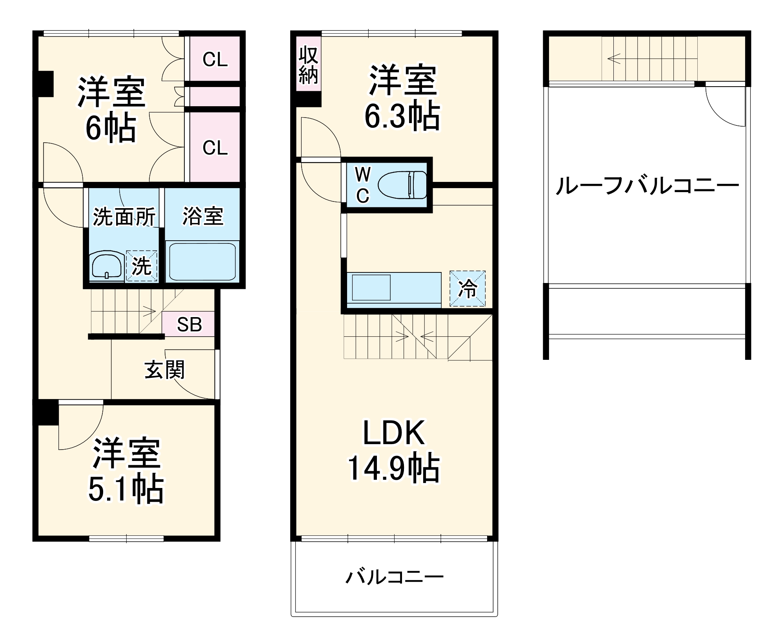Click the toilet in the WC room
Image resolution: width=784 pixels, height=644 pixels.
pos(402,185)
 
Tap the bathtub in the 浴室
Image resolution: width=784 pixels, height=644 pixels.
pos(202,261)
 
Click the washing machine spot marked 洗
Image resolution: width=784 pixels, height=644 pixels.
pos(142,266)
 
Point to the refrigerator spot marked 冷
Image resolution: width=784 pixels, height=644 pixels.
pos(467,289)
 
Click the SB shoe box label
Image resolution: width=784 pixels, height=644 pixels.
pos(189,325)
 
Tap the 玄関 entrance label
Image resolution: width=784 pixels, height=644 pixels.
pos(164,370)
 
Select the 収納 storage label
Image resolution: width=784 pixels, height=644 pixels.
pos(308,65)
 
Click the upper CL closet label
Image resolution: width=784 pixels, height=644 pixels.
pos(215,60)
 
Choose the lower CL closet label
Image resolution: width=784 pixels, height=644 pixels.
pos(215,148)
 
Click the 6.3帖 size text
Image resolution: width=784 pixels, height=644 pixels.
pos(402,116)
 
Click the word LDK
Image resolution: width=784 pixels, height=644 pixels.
pos(393,433)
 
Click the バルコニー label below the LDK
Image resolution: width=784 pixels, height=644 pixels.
pos(394,577)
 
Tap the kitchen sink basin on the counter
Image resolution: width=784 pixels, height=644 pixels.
pos(371,287)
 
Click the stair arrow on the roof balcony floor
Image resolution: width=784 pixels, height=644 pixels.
pos(614,59)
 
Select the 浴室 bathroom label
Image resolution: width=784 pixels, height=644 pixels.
pos(203,216)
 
